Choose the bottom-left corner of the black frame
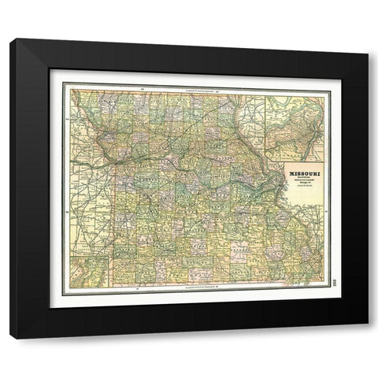click(x=11, y=337)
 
